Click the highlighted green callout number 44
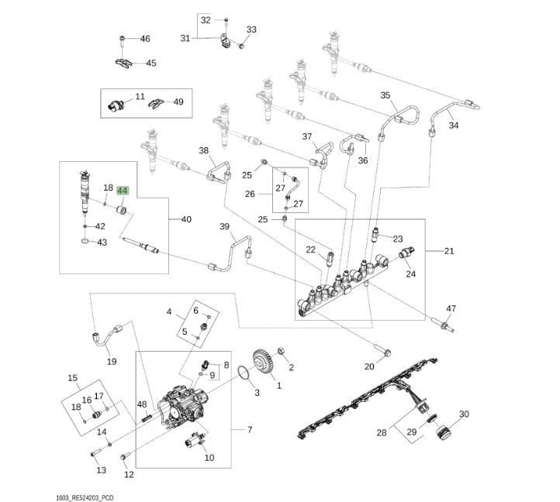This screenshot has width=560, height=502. click(123, 190)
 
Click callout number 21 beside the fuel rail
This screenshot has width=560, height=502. click(450, 251)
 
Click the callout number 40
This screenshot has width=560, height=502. click(186, 219)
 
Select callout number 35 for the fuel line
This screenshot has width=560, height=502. click(385, 96)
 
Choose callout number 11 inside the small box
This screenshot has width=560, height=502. click(140, 97)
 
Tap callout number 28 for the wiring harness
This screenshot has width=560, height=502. click(381, 432)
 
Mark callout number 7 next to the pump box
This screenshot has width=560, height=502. click(249, 429)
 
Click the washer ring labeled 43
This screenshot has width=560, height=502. click(83, 242)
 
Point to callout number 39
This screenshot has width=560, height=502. click(225, 226)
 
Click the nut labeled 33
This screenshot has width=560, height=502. click(241, 46)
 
